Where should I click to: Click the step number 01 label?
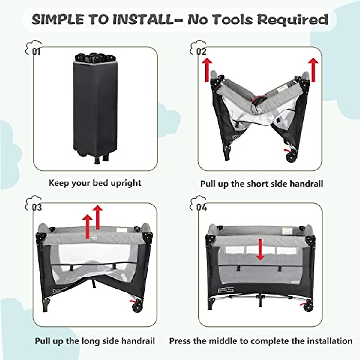click(36, 52)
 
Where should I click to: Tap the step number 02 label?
click(201, 52)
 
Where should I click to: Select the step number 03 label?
click(37, 207)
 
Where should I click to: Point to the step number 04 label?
click(202, 207)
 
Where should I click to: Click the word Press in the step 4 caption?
click(180, 341)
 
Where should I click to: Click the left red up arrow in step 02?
click(207, 70)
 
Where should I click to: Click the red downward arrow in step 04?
click(260, 250)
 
